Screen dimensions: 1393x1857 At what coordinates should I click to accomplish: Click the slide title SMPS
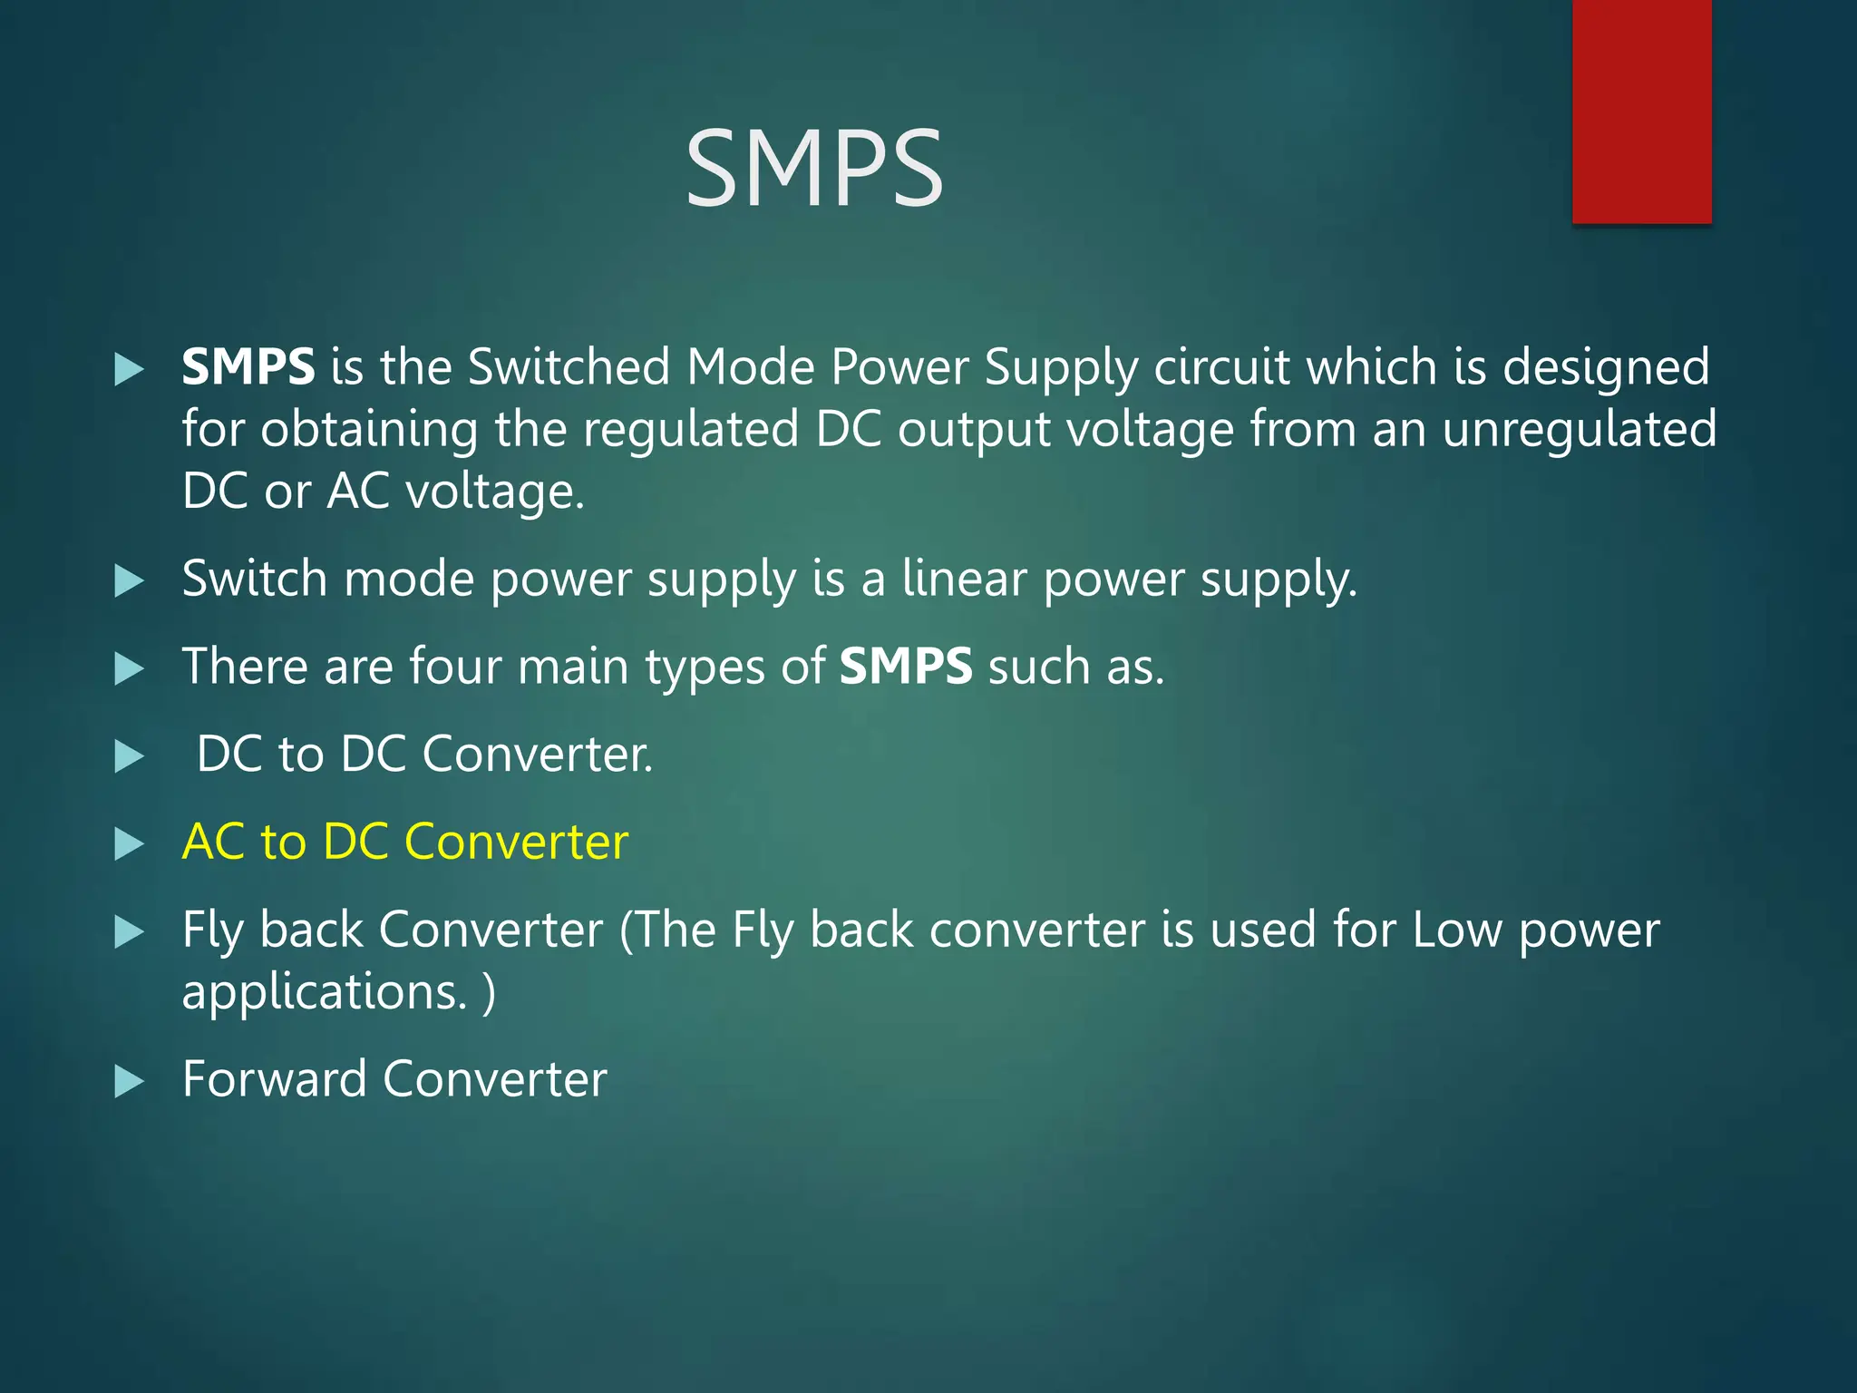point(813,169)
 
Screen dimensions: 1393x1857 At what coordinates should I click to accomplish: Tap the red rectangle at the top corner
point(1641,111)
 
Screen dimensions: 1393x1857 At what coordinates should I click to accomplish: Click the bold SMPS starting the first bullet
point(248,367)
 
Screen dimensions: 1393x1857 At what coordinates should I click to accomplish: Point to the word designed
point(1605,367)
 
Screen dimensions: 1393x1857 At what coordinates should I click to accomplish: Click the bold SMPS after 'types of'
point(906,667)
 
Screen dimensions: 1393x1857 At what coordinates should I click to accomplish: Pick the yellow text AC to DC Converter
point(404,842)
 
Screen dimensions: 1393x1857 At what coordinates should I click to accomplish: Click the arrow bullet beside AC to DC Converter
point(130,844)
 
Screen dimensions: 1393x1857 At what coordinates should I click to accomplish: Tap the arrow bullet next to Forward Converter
point(130,1082)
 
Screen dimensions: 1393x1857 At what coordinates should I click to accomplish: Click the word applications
point(324,992)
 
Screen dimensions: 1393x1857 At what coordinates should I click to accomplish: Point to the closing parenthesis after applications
point(490,992)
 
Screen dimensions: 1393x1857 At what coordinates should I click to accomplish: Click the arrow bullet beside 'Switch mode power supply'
point(130,581)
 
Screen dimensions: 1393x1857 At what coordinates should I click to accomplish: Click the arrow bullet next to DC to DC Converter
point(130,756)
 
